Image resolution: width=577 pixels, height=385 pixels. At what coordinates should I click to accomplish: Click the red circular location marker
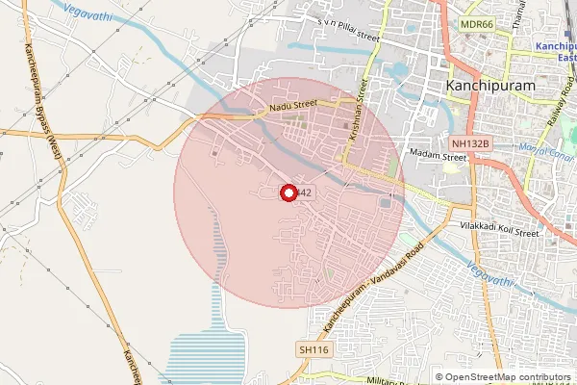pyautogui.click(x=288, y=192)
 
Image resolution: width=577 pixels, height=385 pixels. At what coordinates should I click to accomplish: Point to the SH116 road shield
pyautogui.click(x=314, y=349)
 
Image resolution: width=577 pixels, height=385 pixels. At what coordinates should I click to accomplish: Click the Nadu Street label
pyautogui.click(x=292, y=108)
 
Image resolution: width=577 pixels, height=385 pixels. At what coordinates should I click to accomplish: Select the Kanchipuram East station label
pyautogui.click(x=555, y=51)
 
